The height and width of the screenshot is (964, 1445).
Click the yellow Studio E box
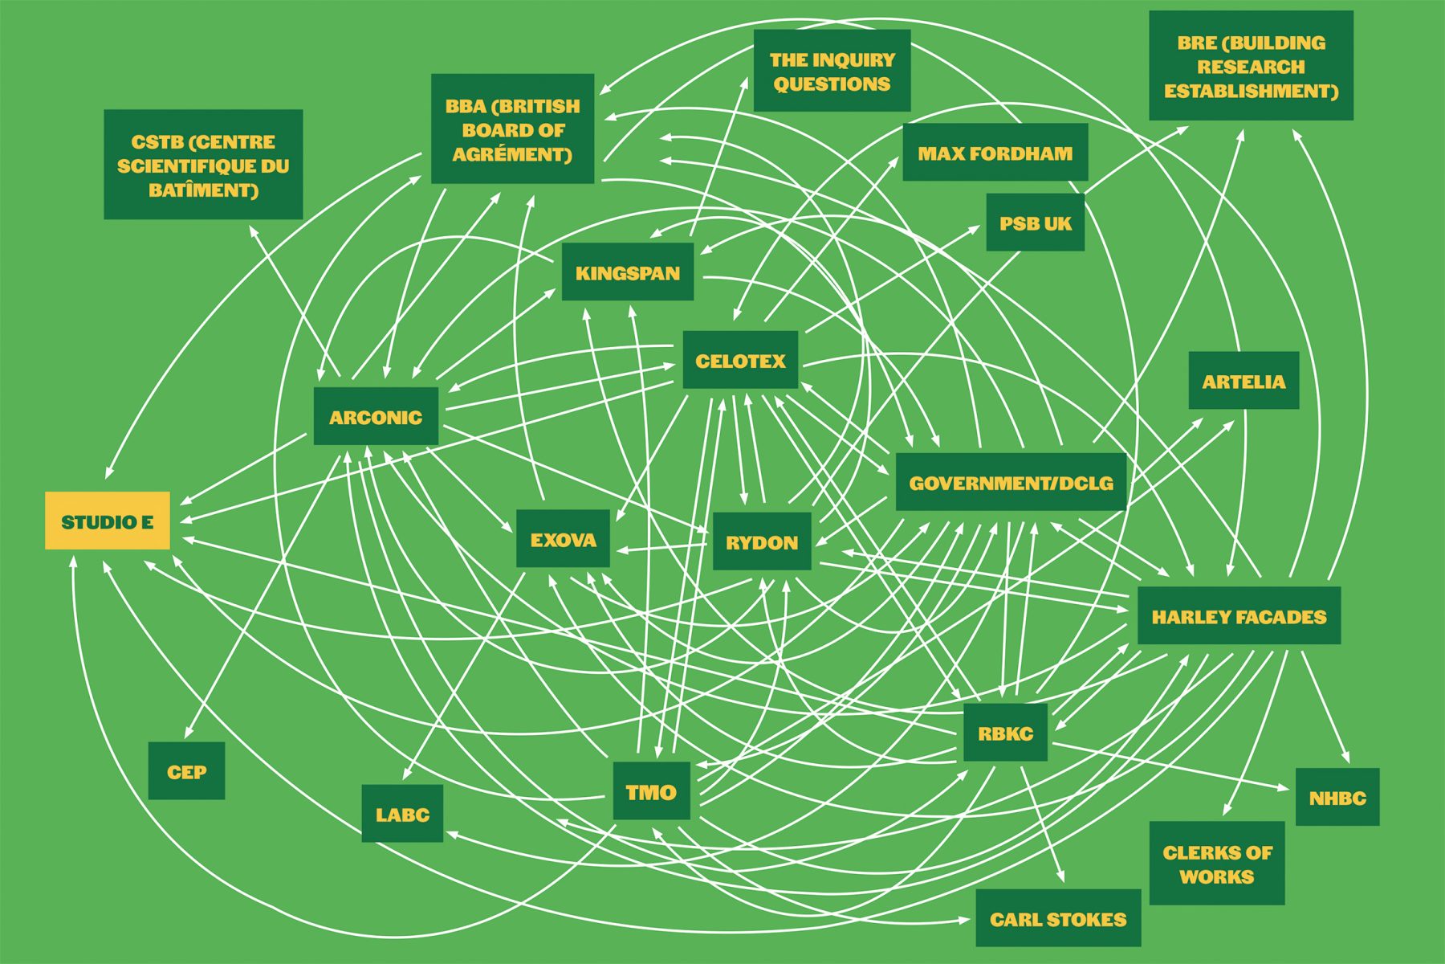point(108,521)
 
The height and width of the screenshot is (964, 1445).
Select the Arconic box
point(376,416)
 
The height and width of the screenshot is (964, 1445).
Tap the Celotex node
point(740,360)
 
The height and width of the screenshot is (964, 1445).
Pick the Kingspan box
point(628,272)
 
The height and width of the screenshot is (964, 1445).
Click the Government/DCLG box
point(1011,482)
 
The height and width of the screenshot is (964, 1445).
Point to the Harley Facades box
point(1239,615)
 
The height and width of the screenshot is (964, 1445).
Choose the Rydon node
point(762,541)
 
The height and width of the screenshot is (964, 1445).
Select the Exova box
point(563,538)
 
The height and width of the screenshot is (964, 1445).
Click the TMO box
point(651,790)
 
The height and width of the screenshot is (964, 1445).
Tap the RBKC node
point(1005,732)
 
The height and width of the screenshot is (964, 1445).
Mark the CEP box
point(186,770)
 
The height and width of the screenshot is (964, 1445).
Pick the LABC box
point(402,813)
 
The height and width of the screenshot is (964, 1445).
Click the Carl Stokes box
point(1058,917)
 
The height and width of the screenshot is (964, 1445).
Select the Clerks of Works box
point(1217,863)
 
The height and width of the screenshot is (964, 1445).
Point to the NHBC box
point(1337,796)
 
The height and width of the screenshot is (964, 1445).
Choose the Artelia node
point(1244,380)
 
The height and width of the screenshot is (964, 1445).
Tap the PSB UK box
point(1036,222)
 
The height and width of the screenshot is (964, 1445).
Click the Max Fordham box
point(995,152)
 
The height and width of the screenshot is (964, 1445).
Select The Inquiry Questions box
point(832,71)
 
